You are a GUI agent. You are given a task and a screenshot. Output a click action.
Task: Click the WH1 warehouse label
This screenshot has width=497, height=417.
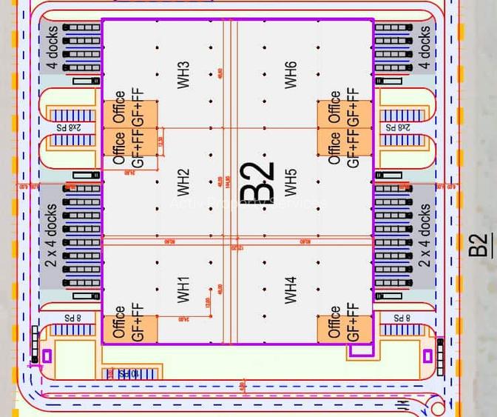tap(183, 289)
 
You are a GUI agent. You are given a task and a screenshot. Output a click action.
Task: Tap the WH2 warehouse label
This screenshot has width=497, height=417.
tap(183, 184)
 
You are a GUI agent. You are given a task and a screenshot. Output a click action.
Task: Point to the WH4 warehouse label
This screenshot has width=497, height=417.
tap(291, 289)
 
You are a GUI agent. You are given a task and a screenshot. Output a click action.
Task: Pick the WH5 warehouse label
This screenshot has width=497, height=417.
tap(291, 184)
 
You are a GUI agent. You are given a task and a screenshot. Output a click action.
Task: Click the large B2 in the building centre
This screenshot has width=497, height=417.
tap(257, 182)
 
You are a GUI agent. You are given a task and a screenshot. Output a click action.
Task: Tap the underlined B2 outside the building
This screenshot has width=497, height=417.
tap(480, 245)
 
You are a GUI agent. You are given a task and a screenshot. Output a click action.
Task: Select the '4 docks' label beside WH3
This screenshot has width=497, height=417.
tap(53, 47)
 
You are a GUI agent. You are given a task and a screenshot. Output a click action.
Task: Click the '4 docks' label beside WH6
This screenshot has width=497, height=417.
tap(425, 47)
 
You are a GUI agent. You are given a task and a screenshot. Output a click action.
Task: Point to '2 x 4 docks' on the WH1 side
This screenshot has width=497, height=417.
tap(53, 236)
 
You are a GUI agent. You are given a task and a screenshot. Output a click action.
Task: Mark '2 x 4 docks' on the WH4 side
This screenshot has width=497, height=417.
tap(425, 236)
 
